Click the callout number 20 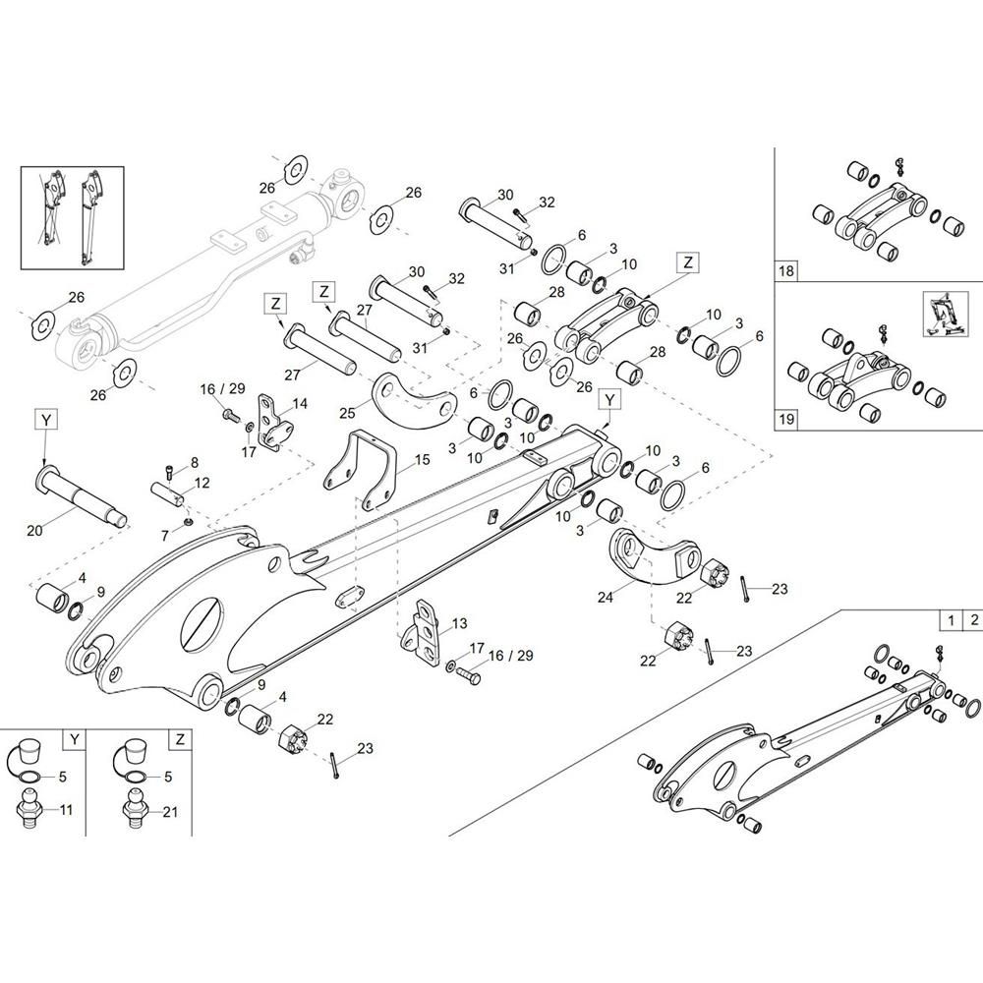[34, 530]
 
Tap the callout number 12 [202, 484]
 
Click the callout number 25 [347, 413]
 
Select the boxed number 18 [785, 271]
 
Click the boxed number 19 [786, 419]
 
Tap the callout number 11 [66, 810]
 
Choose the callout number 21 [170, 812]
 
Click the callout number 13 [459, 623]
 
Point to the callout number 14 [300, 403]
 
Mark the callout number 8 [195, 463]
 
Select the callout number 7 [165, 536]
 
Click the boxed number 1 [951, 620]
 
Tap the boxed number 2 [973, 620]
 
